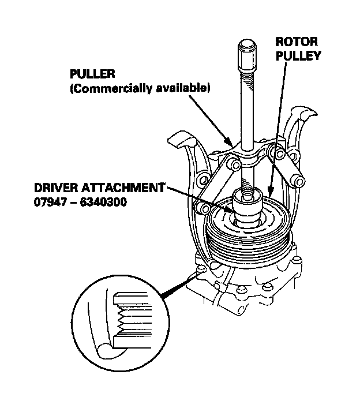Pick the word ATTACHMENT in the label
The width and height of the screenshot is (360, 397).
tap(126, 188)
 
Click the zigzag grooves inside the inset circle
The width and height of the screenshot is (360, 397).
tap(122, 323)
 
